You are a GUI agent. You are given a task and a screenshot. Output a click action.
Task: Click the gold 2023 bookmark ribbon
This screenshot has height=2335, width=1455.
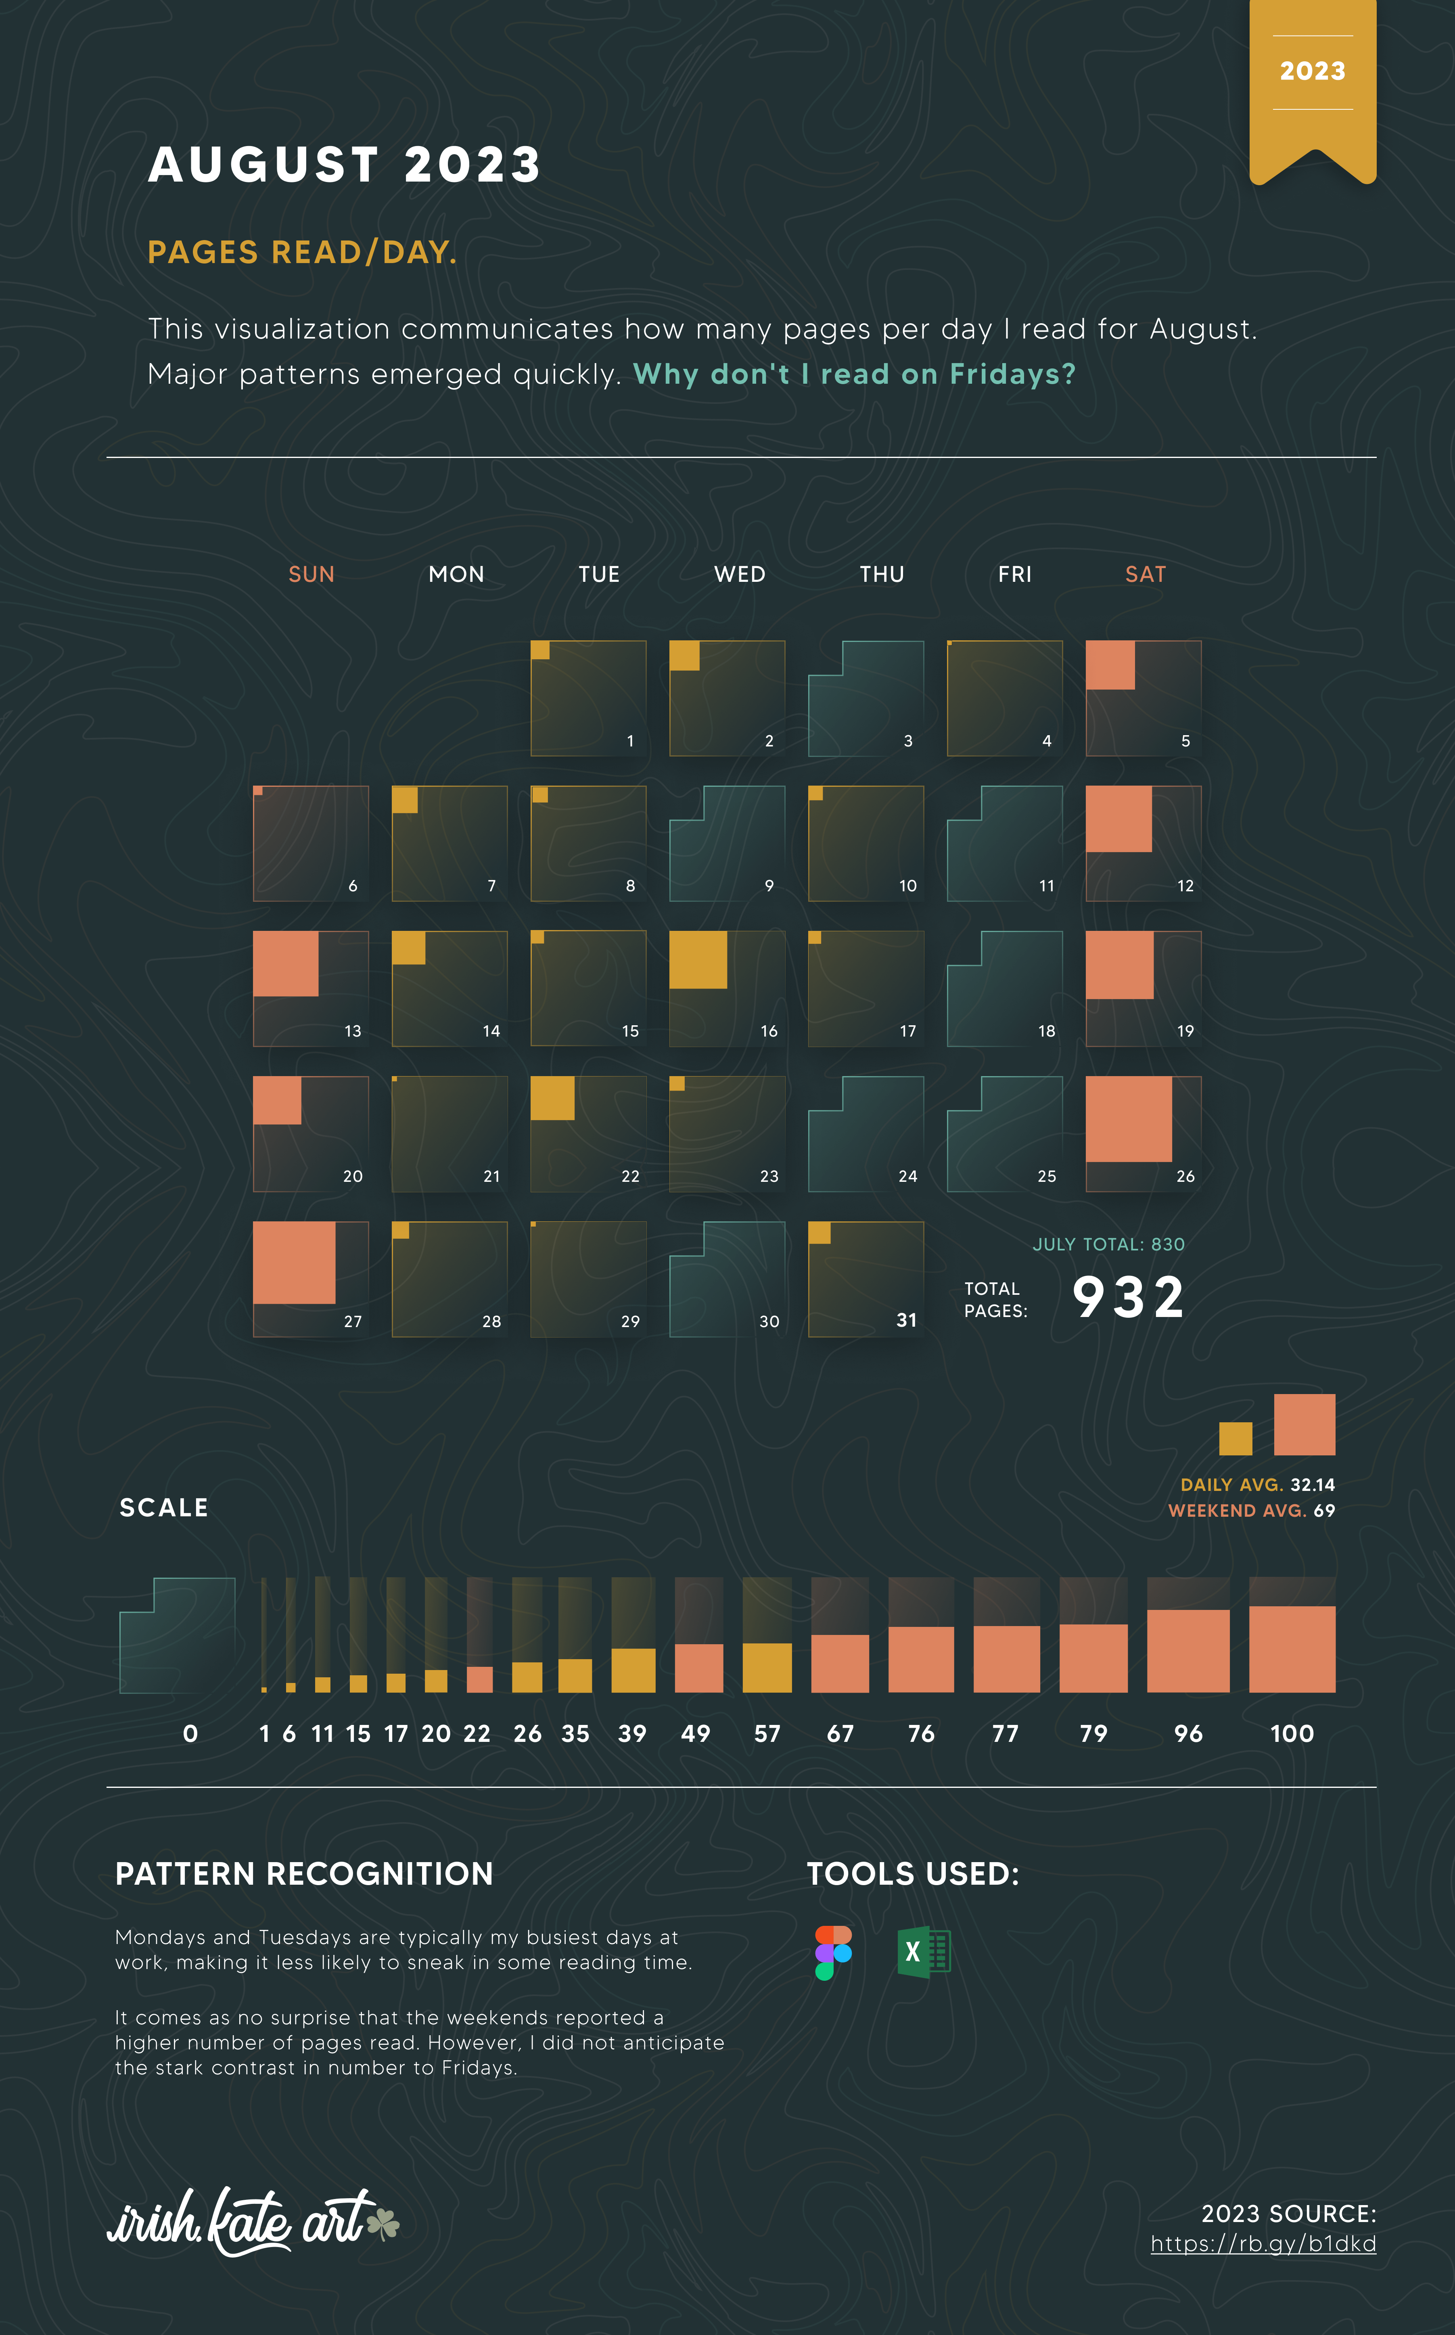click(x=1313, y=87)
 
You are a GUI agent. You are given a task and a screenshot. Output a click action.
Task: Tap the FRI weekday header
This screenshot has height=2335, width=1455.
click(x=1014, y=575)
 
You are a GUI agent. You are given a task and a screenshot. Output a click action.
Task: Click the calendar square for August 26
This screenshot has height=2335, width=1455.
click(x=1143, y=1133)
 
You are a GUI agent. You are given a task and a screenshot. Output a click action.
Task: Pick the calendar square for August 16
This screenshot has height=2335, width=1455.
click(x=727, y=988)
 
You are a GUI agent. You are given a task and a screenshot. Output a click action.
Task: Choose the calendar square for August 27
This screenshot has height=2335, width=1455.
click(x=310, y=1279)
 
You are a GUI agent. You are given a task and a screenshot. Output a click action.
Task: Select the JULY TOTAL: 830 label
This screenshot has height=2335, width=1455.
click(x=1108, y=1244)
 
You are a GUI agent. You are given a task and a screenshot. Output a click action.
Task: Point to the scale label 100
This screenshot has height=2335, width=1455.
click(x=1292, y=1734)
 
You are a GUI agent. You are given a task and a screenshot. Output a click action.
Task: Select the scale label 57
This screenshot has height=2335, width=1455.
click(x=767, y=1734)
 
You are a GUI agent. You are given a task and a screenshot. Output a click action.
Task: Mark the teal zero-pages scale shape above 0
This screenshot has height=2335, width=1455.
click(x=177, y=1636)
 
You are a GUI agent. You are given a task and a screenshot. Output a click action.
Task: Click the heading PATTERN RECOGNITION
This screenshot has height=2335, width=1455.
click(x=304, y=1874)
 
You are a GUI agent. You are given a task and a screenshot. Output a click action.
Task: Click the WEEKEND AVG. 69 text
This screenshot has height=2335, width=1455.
click(x=1251, y=1511)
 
